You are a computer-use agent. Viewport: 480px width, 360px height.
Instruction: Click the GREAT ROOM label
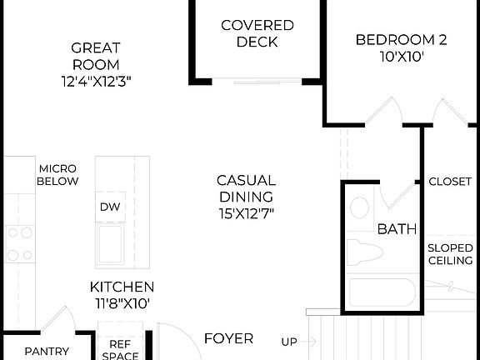(95, 56)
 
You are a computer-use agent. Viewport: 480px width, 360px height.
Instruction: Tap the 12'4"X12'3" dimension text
(95, 82)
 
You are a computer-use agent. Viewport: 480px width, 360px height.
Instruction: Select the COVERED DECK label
(257, 33)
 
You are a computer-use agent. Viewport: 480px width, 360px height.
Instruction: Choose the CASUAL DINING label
(246, 188)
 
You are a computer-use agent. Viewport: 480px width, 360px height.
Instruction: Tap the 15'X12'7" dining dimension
(246, 213)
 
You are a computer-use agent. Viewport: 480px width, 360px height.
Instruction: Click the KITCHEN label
(122, 287)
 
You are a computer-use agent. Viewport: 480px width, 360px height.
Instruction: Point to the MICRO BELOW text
(58, 174)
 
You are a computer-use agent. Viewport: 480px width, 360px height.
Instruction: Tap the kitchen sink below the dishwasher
(112, 242)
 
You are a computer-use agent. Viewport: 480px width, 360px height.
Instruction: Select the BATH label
(397, 229)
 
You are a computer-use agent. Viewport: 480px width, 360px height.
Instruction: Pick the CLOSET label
(450, 182)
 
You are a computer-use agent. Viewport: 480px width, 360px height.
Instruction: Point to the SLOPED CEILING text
(450, 254)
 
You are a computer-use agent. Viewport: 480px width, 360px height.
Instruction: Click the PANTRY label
(46, 352)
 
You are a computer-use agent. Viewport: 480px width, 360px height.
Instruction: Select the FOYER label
(228, 338)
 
